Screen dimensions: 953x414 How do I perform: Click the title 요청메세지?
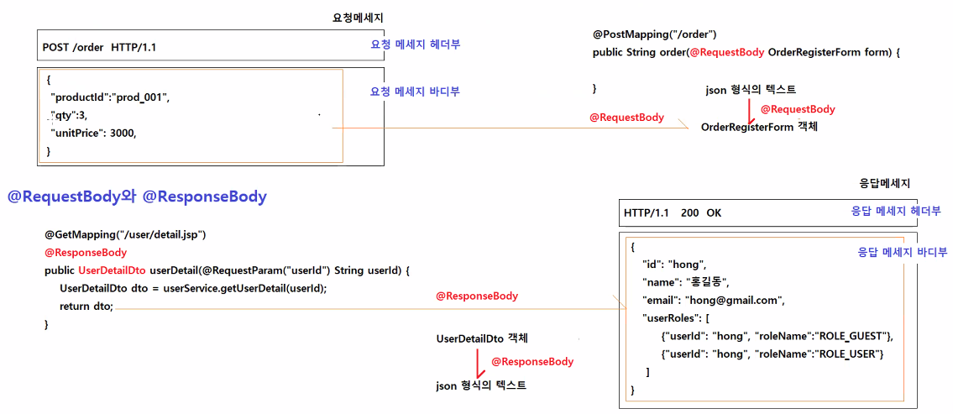[x=359, y=18]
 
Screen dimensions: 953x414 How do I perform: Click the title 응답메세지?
[x=885, y=183]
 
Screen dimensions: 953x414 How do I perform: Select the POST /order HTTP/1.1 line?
[x=99, y=47]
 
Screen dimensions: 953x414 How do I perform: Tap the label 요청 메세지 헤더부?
[x=415, y=45]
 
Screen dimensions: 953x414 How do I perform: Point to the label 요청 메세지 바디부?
[x=415, y=92]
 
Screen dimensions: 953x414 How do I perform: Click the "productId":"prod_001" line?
[x=109, y=97]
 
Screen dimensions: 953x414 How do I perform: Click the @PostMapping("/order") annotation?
[x=654, y=34]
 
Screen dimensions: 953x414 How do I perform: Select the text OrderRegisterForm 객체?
[x=759, y=127]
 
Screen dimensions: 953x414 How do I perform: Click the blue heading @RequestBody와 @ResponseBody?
[x=137, y=197]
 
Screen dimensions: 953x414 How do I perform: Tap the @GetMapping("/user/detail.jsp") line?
[x=125, y=233]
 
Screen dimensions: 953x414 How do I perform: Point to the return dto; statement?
[x=86, y=307]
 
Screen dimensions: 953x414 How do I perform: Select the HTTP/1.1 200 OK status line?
[x=673, y=212]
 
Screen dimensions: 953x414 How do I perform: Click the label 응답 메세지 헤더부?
[x=896, y=212]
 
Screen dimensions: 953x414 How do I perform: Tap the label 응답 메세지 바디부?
[x=902, y=252]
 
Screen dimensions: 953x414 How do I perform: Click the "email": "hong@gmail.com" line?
[x=711, y=300]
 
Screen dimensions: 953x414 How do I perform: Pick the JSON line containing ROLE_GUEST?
[x=777, y=337]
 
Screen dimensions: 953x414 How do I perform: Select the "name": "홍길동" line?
[x=685, y=281]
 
